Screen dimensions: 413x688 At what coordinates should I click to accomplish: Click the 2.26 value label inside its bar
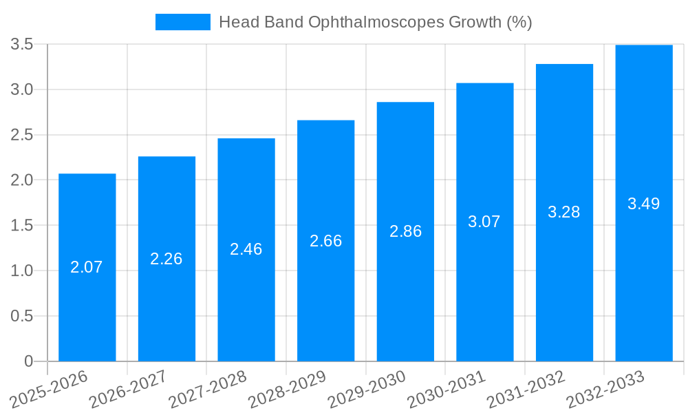point(166,259)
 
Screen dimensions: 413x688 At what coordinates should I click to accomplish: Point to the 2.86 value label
point(405,231)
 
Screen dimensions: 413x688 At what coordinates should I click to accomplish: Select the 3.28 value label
point(564,212)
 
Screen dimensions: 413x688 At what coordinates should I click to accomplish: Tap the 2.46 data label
point(246,249)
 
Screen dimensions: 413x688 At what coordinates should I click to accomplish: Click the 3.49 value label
point(643,204)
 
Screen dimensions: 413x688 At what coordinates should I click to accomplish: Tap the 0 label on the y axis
point(28,361)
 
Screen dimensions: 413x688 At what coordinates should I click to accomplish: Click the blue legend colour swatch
point(182,22)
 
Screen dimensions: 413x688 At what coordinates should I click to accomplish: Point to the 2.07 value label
point(87,267)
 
